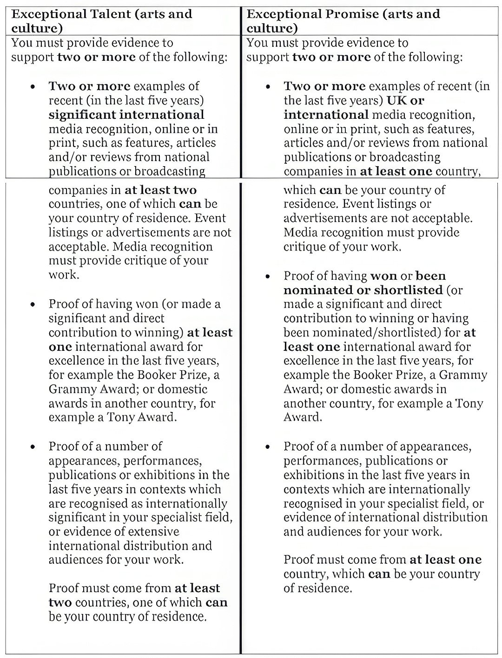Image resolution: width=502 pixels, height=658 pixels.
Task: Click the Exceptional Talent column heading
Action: click(x=101, y=21)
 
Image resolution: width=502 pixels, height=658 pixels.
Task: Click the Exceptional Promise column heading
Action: click(x=343, y=21)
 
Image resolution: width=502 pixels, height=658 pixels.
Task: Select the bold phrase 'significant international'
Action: click(x=126, y=115)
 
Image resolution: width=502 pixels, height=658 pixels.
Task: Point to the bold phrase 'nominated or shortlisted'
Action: click(x=363, y=290)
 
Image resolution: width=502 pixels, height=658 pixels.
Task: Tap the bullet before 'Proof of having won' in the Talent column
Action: click(x=33, y=305)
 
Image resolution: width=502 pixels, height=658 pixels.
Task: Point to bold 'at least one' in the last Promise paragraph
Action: click(x=445, y=560)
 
